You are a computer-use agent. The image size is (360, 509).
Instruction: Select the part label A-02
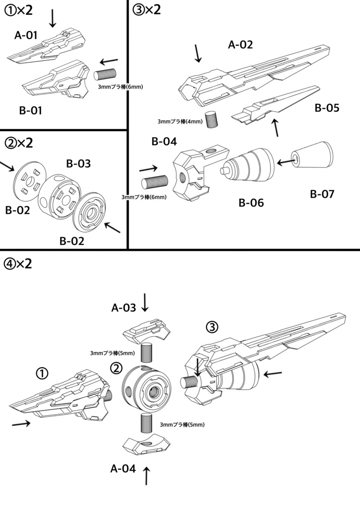pos(241,45)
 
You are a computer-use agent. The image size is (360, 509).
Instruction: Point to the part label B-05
pos(327,107)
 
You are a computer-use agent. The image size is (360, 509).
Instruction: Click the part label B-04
pos(164,142)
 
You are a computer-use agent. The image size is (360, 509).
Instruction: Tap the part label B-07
pos(323,194)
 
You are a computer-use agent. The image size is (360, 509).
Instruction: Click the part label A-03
pos(123,308)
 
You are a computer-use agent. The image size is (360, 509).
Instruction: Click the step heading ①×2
pos(19,12)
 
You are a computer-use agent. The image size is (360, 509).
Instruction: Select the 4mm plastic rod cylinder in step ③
pos(212,119)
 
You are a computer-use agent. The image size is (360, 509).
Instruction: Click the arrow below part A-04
pos(147,476)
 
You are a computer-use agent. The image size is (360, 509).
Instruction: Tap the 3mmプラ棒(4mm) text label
pos(180,121)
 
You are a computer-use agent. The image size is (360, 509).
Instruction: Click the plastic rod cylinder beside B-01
pos(105,75)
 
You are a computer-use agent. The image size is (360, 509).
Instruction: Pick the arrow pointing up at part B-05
pos(276,128)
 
